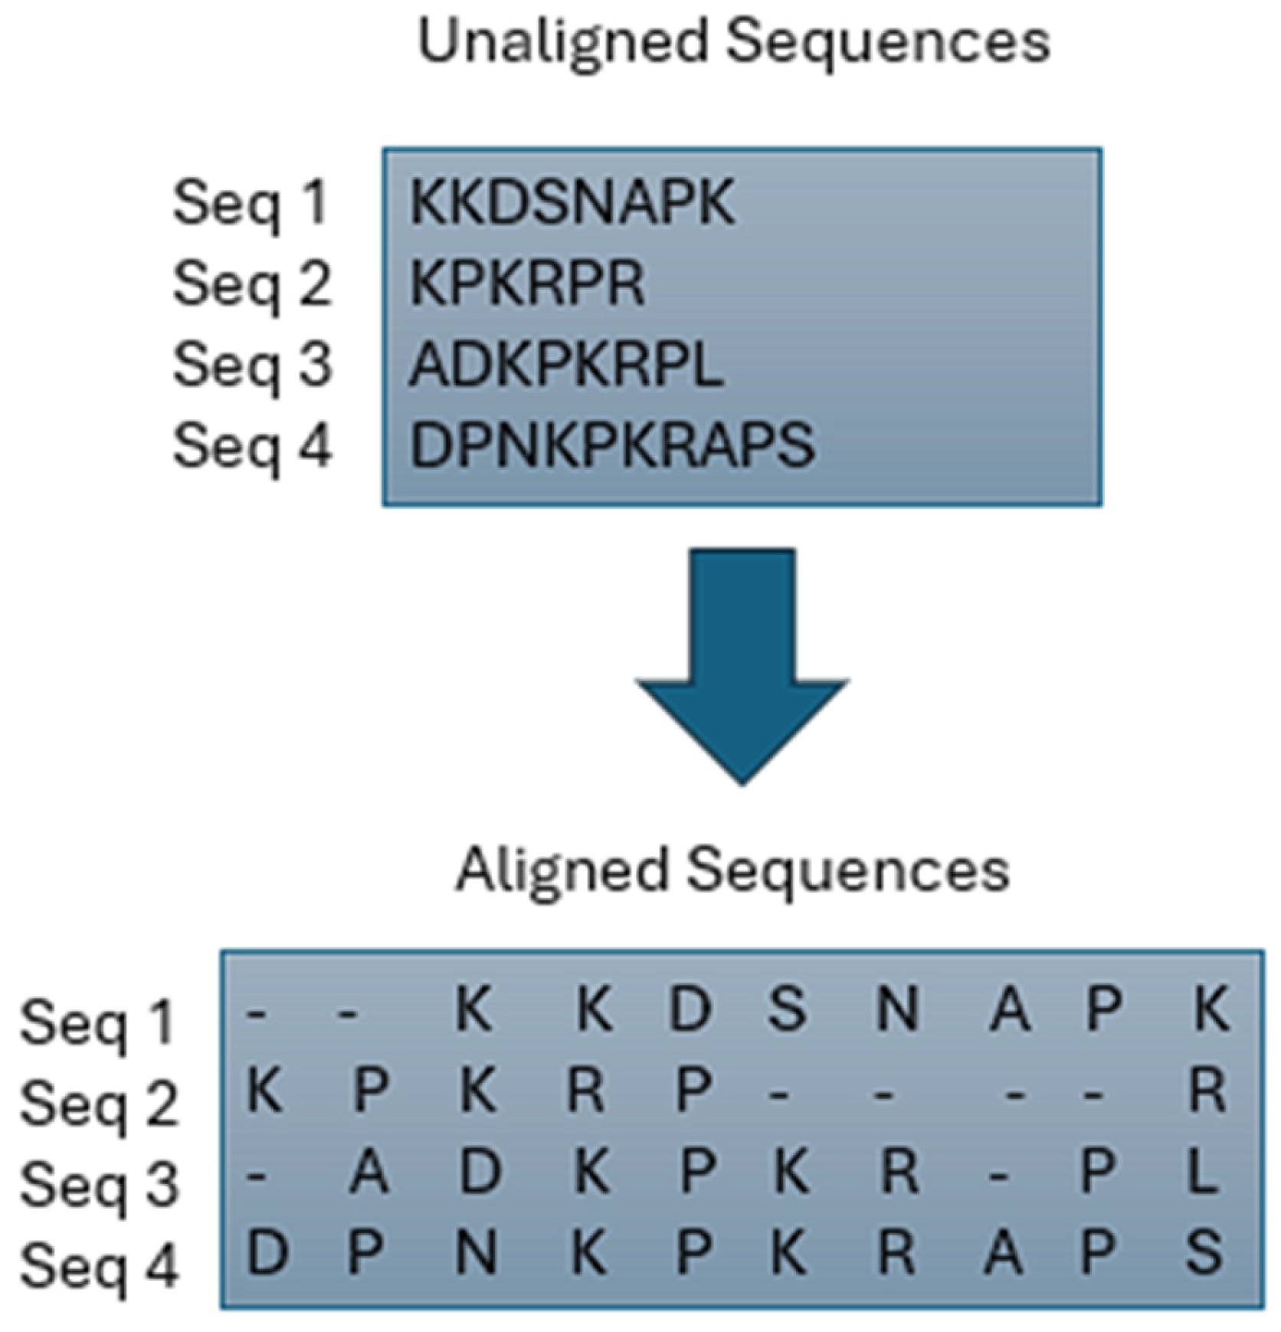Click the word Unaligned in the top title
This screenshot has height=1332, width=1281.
[x=562, y=42]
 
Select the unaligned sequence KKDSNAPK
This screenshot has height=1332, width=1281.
[x=572, y=202]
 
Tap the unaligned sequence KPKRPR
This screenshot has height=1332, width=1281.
[x=527, y=284]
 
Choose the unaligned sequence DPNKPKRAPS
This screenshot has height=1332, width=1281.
[x=611, y=445]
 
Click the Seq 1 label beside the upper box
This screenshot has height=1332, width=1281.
[x=251, y=203]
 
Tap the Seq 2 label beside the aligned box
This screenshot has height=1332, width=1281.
[x=99, y=1104]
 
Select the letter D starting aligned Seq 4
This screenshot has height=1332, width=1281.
[x=267, y=1252]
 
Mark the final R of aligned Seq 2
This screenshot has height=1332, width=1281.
[x=1207, y=1090]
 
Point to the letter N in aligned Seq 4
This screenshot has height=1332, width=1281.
[x=476, y=1252]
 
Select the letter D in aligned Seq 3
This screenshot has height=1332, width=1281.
[x=480, y=1171]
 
